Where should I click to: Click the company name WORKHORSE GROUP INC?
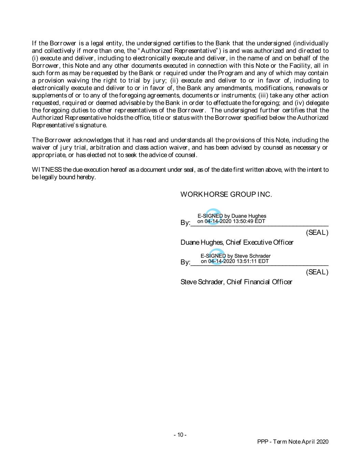coord(226,195)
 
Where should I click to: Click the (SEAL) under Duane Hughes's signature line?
coord(317,233)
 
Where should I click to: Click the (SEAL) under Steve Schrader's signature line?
coord(317,272)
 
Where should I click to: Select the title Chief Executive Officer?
coord(259,243)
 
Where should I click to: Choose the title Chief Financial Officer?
coord(259,282)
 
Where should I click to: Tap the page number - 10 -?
coord(180,435)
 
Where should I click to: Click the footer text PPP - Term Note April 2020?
coord(293,442)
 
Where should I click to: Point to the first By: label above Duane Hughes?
coord(185,223)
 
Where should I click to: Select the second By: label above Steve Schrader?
coord(185,263)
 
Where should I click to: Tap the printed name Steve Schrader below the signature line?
coord(202,282)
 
